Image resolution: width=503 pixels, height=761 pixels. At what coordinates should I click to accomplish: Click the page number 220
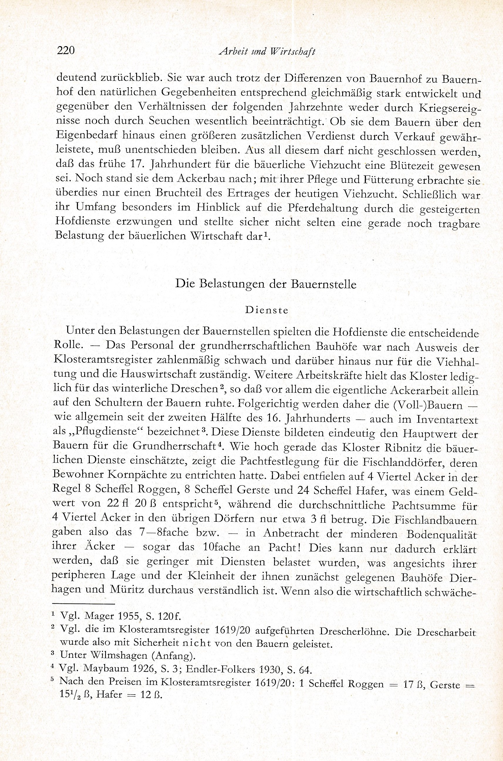(x=65, y=51)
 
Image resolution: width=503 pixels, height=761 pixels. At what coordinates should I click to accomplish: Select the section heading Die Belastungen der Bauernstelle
(x=266, y=285)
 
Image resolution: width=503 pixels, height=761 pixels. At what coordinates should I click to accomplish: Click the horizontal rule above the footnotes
(x=83, y=604)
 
